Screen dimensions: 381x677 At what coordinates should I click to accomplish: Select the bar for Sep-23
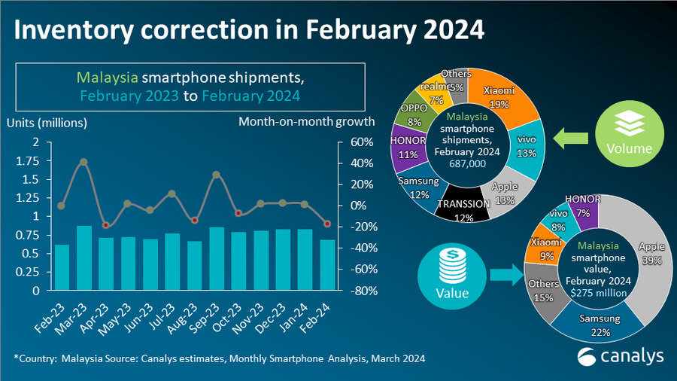click(217, 258)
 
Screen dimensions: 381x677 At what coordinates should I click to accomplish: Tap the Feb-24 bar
click(327, 264)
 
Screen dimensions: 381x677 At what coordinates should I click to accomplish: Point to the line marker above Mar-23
click(83, 162)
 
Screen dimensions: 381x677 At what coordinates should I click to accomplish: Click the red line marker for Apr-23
click(106, 224)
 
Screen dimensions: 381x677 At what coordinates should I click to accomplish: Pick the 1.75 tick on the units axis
click(30, 160)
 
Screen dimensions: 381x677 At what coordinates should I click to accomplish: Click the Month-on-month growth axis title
click(306, 122)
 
